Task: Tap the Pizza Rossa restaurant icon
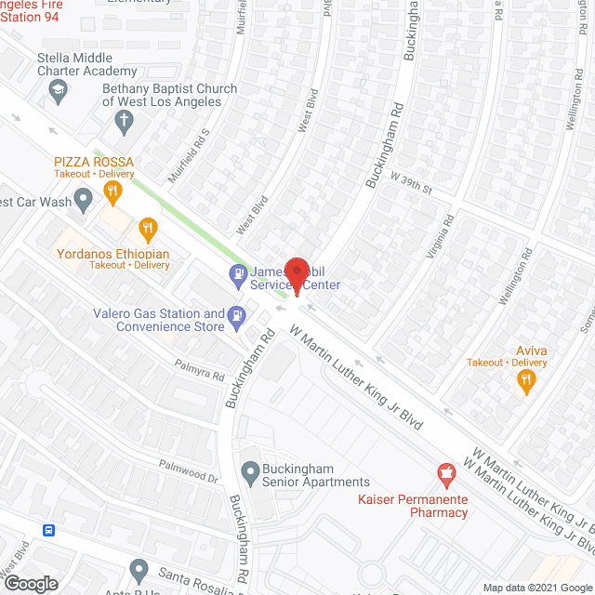(113, 193)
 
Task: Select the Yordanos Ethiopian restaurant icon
(147, 228)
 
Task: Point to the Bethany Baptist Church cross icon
(123, 119)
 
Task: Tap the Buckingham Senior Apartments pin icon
(249, 473)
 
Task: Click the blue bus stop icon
(48, 530)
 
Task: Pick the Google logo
(30, 583)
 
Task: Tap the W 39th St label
(412, 182)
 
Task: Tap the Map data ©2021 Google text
(538, 587)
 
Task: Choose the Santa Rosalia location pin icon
(139, 567)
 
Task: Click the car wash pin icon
(84, 200)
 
